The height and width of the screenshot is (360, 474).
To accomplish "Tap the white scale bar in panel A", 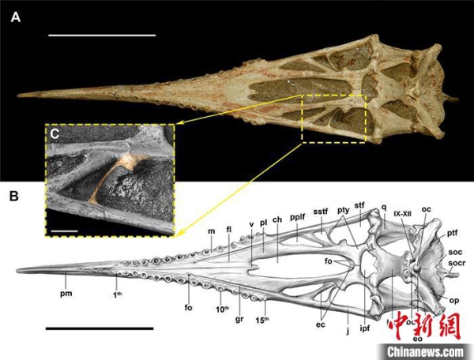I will click(x=101, y=36).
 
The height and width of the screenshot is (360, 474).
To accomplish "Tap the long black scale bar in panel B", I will click(x=99, y=327).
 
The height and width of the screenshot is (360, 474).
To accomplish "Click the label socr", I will click(x=456, y=261).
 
